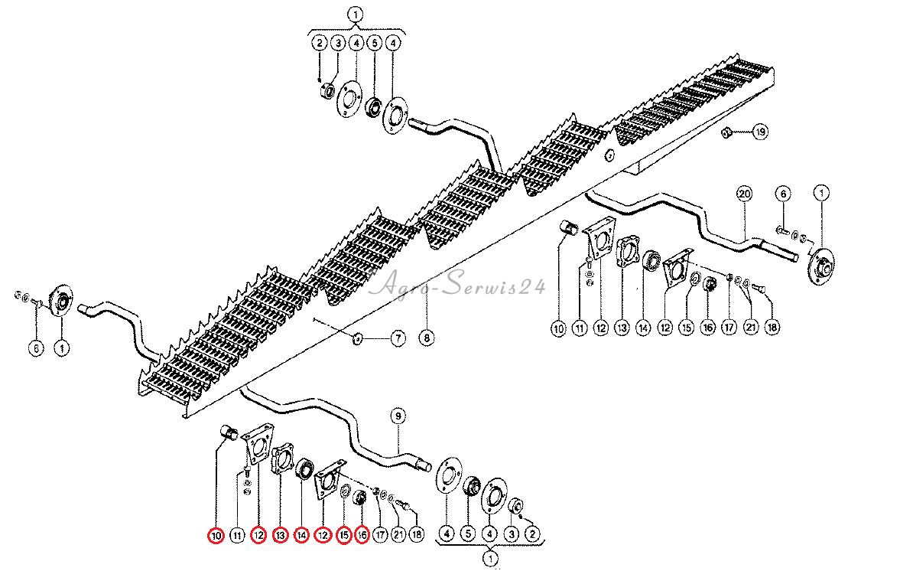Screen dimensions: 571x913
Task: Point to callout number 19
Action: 759,132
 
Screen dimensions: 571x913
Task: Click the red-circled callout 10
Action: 216,536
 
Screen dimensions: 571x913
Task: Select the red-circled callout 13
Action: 280,536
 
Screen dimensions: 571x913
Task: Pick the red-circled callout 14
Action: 301,536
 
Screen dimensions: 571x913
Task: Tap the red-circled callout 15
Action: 344,536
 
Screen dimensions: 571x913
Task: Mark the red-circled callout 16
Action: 362,536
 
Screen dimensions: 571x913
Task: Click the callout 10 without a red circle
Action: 558,328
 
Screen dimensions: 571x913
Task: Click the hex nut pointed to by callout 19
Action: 729,133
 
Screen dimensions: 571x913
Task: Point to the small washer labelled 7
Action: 358,338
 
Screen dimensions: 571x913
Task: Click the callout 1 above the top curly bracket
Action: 355,14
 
